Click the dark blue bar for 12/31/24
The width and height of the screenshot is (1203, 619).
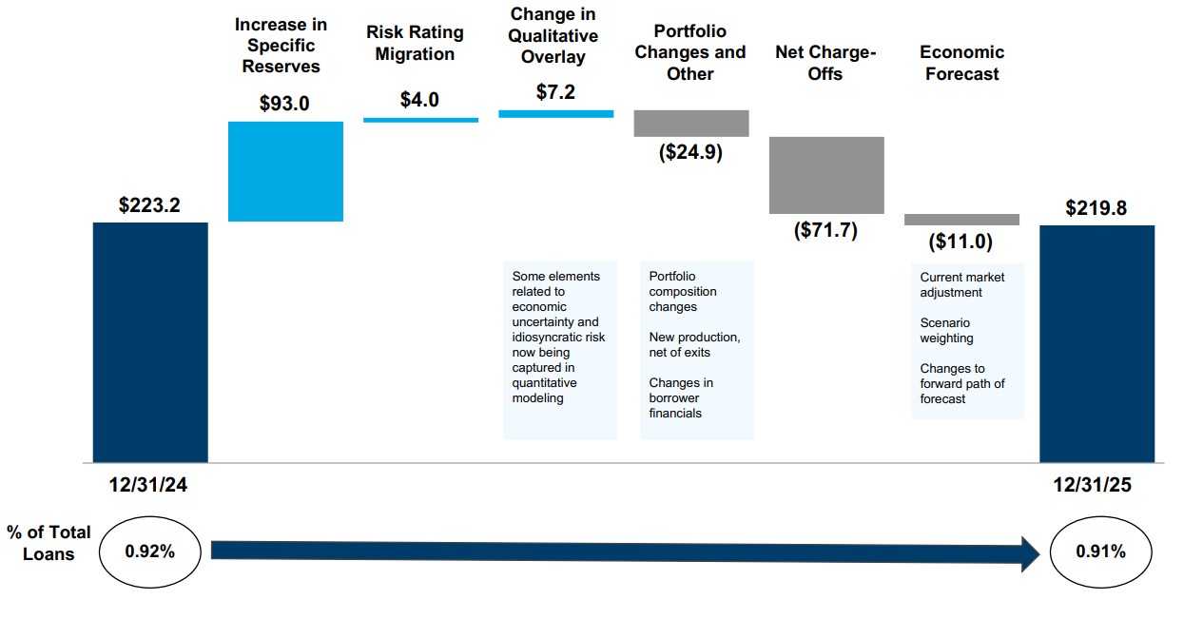tap(150, 342)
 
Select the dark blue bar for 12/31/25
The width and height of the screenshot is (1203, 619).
tap(1096, 343)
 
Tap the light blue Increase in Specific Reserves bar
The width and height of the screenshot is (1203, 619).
tap(286, 171)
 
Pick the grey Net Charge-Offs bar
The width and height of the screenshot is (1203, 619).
tap(826, 175)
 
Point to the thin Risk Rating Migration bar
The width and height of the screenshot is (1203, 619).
tap(420, 120)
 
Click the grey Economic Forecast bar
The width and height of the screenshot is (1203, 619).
tap(961, 220)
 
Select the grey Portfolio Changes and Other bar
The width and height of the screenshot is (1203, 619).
tap(691, 124)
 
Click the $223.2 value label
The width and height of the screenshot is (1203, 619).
tap(149, 204)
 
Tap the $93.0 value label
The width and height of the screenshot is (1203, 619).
tap(284, 104)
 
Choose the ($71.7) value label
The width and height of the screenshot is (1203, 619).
tap(825, 230)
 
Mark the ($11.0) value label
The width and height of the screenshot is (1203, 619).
tap(960, 242)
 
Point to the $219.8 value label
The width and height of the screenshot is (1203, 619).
tap(1096, 208)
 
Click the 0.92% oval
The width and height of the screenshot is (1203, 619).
tap(150, 551)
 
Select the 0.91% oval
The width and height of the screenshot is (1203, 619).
tap(1100, 551)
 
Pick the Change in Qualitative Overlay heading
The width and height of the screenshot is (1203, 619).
tap(553, 36)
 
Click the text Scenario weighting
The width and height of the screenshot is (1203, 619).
tap(947, 331)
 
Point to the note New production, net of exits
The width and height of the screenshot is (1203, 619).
tap(694, 345)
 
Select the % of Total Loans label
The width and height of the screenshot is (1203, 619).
tap(49, 543)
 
